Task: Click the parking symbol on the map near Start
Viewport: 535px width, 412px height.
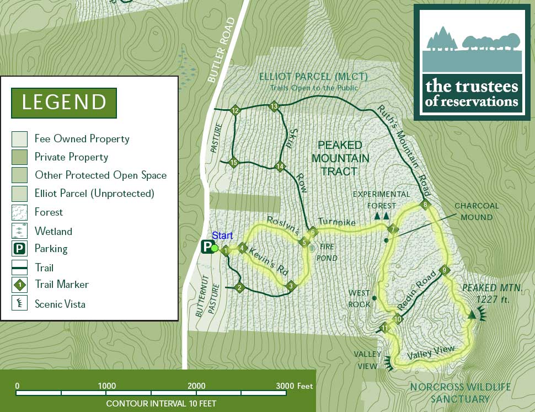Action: coord(207,247)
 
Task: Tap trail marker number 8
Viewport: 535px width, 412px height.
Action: coord(425,205)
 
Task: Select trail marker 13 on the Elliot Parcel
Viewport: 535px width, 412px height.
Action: coord(274,106)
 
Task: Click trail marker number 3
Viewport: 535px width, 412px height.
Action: coord(291,286)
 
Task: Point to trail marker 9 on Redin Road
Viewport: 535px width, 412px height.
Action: coord(444,270)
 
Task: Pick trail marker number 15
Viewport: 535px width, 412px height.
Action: coord(233,163)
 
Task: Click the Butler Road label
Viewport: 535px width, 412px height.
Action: coord(221,50)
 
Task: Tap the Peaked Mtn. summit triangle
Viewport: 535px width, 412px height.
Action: coord(472,314)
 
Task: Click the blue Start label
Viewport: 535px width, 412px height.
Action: coord(223,236)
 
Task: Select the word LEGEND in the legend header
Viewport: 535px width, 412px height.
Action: coord(64,103)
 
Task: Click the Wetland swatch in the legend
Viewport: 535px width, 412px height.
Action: coord(20,231)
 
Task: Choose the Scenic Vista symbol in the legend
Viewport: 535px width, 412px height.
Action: coord(20,303)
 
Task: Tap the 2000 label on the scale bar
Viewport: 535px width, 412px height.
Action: coord(196,386)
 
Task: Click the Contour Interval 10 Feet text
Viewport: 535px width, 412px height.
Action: coord(161,403)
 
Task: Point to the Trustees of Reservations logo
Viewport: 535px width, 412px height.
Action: coord(472,62)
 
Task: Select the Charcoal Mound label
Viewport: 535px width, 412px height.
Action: coord(477,211)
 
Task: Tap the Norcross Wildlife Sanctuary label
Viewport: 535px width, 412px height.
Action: coord(460,393)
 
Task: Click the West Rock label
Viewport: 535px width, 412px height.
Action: coord(359,298)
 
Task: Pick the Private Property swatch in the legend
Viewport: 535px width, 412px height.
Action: coord(20,157)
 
